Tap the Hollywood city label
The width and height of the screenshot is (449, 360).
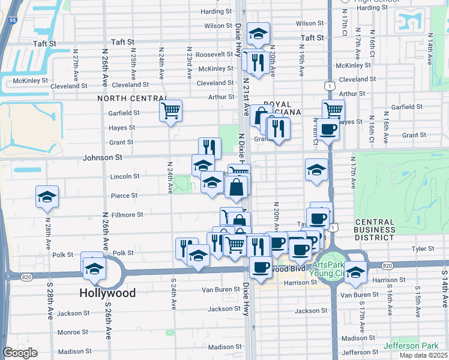(x=108, y=293)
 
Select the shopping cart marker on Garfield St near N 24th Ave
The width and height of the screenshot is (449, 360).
(x=171, y=110)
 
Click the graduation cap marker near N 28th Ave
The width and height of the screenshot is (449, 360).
(x=47, y=197)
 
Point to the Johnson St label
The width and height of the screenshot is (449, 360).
(x=106, y=157)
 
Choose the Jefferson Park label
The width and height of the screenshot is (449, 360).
(x=414, y=346)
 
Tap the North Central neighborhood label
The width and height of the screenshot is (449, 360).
(x=133, y=98)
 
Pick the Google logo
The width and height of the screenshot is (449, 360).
(x=20, y=353)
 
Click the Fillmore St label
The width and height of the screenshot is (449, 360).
(x=127, y=214)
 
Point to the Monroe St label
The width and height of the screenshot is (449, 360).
(x=72, y=332)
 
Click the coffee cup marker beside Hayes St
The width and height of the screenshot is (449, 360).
(x=328, y=128)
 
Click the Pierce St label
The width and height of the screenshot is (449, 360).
(x=124, y=196)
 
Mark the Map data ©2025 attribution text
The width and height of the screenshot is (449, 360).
(x=424, y=355)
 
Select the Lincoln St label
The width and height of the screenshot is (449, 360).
(x=125, y=176)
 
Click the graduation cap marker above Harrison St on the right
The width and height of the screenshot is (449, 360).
(x=355, y=272)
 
